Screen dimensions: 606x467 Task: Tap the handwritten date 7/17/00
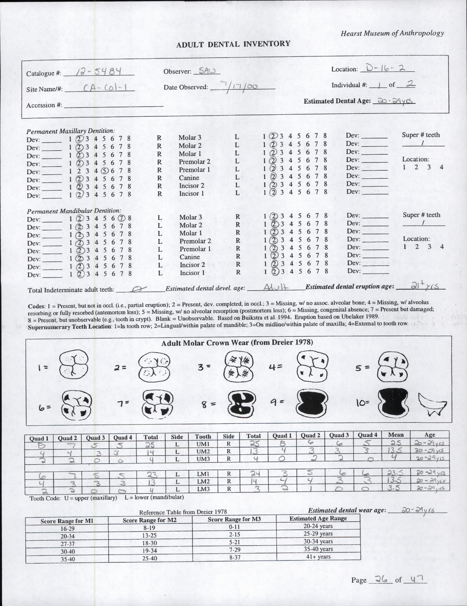(x=238, y=86)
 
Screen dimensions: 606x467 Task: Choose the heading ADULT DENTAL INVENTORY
(x=233, y=44)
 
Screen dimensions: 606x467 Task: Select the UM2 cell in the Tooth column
(x=203, y=451)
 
